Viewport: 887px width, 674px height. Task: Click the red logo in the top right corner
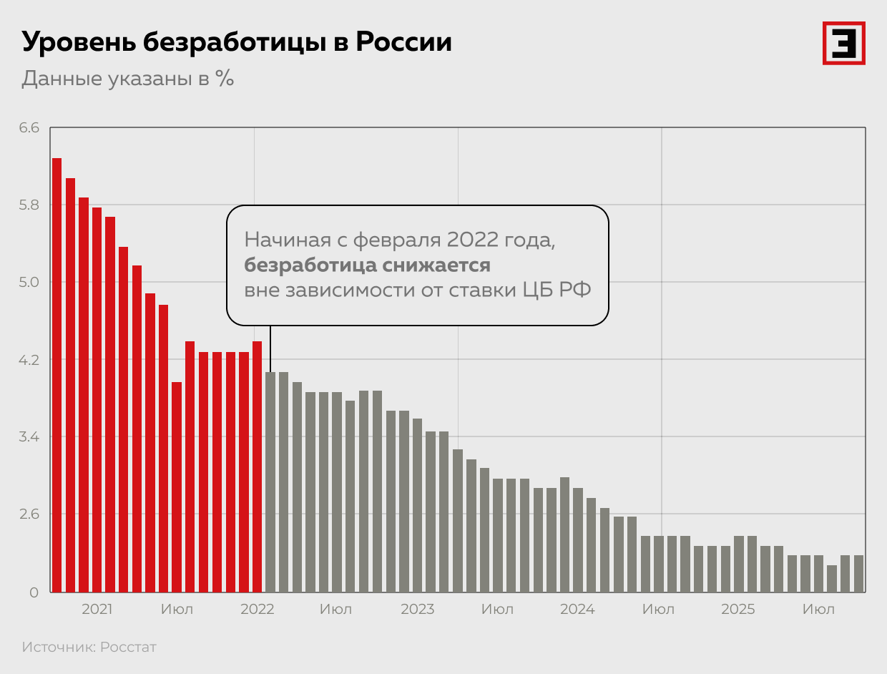point(843,43)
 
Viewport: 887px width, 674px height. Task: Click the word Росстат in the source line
point(128,648)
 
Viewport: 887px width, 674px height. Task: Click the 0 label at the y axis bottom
point(34,592)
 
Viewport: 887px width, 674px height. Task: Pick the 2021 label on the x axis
point(97,610)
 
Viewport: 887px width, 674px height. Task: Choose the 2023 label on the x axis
point(417,610)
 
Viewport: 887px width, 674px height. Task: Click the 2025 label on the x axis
point(737,610)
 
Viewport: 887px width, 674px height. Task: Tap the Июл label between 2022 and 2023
point(335,610)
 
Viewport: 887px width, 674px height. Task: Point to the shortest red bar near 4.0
point(177,487)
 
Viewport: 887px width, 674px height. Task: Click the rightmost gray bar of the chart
point(858,573)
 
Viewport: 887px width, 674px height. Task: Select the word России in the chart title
point(404,42)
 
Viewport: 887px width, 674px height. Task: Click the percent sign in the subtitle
point(225,78)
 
